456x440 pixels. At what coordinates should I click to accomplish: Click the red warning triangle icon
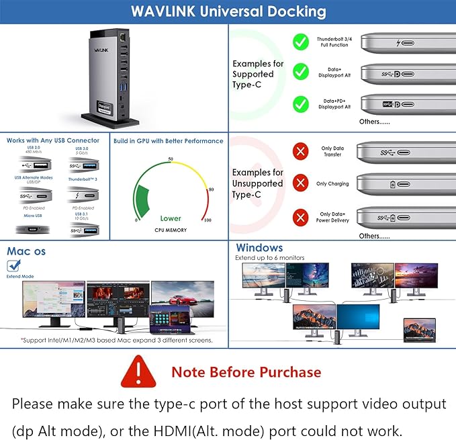[x=138, y=371]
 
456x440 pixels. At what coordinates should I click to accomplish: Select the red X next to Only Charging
[x=300, y=183]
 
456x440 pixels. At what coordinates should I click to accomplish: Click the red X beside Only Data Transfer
[x=300, y=151]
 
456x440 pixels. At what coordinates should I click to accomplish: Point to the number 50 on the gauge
[x=171, y=159]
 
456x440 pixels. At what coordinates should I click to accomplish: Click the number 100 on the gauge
[x=207, y=220]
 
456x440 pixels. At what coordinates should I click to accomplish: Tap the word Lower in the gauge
[x=171, y=218]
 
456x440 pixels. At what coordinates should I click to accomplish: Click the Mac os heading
[x=26, y=251]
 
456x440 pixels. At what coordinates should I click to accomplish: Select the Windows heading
[x=259, y=248]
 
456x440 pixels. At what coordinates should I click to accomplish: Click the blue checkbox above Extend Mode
[x=13, y=265]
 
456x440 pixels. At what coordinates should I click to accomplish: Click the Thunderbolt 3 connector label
[x=83, y=179]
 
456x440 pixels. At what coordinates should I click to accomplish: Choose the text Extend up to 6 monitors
[x=269, y=257]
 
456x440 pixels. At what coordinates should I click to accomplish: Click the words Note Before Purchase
[x=246, y=371]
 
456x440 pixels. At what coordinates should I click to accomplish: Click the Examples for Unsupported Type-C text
[x=258, y=183]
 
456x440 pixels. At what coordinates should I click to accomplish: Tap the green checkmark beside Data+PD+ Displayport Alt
[x=301, y=103]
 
